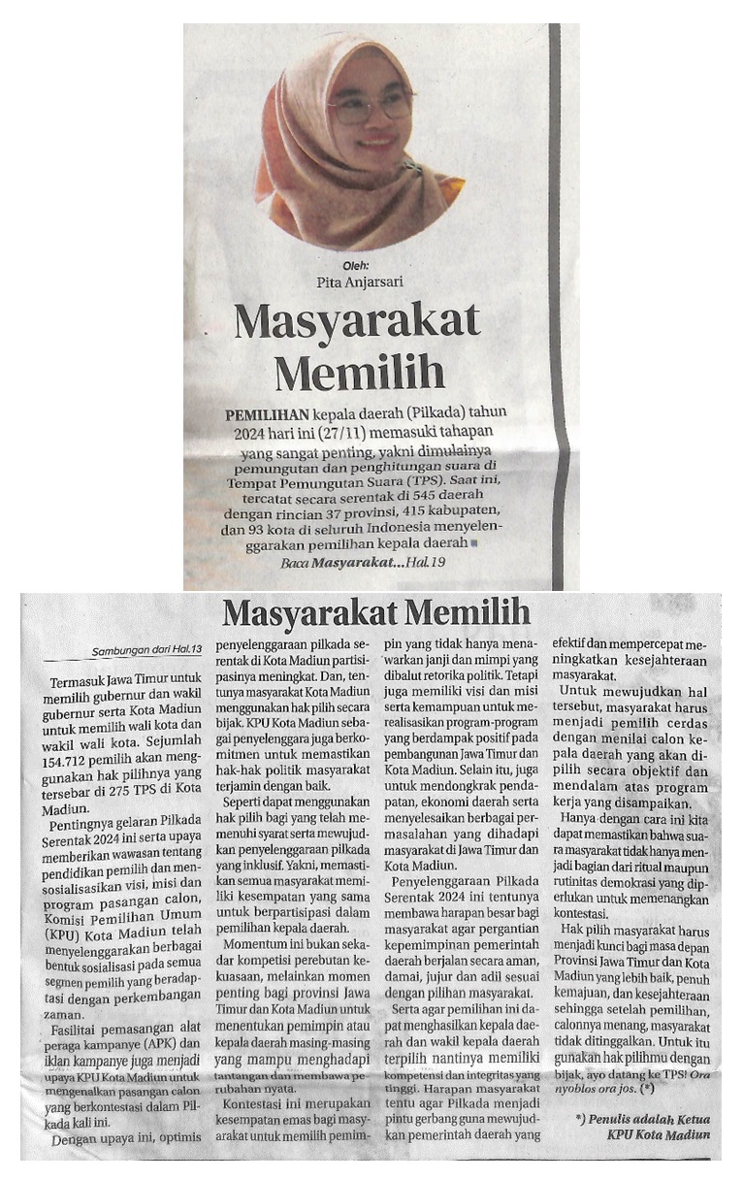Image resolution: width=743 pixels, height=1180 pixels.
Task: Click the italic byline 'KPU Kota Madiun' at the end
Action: pyautogui.click(x=660, y=1134)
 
